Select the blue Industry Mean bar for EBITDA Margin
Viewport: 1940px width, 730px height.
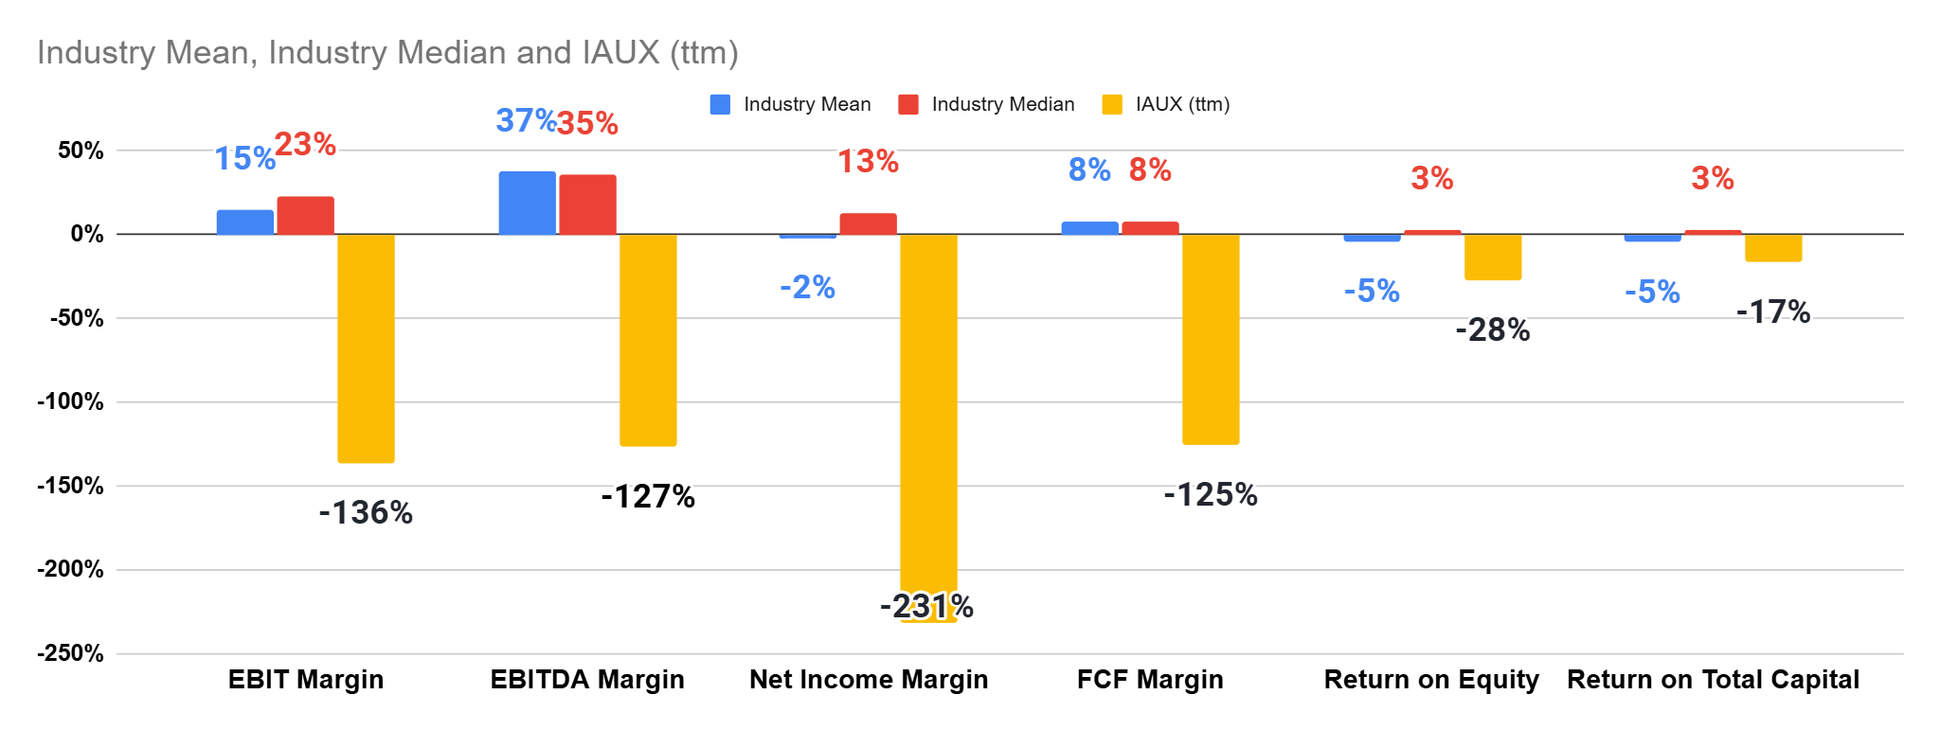(527, 203)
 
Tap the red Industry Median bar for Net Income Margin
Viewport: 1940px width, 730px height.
(868, 224)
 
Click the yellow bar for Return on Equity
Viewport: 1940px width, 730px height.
(1493, 257)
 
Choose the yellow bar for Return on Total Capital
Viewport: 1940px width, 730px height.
(1773, 248)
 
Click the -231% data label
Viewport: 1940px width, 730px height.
(926, 606)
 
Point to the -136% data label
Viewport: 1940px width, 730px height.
(366, 513)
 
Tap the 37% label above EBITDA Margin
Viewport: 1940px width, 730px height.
(526, 120)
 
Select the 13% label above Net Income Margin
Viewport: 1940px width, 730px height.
(868, 162)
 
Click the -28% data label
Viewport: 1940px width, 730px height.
(1493, 330)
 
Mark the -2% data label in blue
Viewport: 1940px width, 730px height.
(807, 287)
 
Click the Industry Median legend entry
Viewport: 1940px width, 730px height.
(1002, 104)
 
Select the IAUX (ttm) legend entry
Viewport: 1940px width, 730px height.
(1182, 104)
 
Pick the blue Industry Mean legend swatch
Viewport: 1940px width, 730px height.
(720, 104)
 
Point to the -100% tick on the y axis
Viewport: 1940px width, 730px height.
(70, 401)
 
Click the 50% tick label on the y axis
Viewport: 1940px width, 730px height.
(81, 151)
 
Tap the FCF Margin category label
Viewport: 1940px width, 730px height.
(1150, 680)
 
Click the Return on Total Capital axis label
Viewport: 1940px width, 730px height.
(1713, 680)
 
